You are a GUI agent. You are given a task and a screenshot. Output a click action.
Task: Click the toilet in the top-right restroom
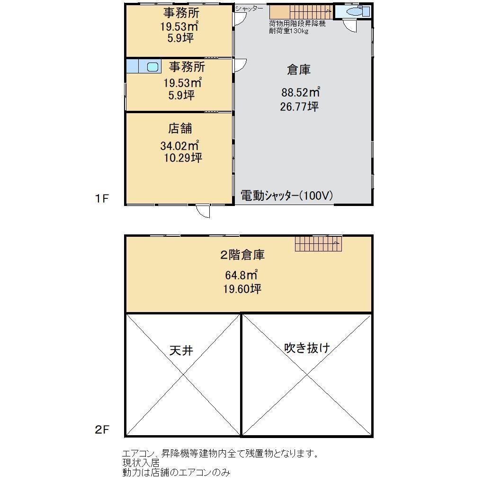pyautogui.click(x=355, y=12)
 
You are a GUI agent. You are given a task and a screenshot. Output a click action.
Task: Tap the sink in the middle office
pyautogui.click(x=152, y=67)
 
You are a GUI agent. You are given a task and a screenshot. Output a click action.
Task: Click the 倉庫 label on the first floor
pyautogui.click(x=298, y=70)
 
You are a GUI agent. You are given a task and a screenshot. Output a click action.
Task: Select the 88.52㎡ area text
pyautogui.click(x=300, y=92)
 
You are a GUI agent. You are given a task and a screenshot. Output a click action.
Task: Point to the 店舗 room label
pyautogui.click(x=180, y=128)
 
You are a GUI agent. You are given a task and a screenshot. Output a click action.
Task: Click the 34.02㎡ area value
pyautogui.click(x=179, y=145)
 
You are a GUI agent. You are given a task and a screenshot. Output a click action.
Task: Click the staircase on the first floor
pyautogui.click(x=301, y=11)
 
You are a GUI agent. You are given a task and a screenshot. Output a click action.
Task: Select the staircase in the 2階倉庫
pyautogui.click(x=318, y=244)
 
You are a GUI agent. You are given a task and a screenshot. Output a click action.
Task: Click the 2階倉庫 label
pyautogui.click(x=242, y=255)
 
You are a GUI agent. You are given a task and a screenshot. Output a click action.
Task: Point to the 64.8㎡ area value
pyautogui.click(x=241, y=274)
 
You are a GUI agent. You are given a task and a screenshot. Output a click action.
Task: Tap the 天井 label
pyautogui.click(x=181, y=351)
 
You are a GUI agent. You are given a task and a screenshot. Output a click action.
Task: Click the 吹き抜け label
pyautogui.click(x=306, y=348)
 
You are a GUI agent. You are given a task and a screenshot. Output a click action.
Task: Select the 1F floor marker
pyautogui.click(x=102, y=198)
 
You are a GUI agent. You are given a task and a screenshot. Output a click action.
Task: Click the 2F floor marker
pyautogui.click(x=102, y=430)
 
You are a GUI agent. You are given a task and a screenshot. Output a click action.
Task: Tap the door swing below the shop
pyautogui.click(x=204, y=212)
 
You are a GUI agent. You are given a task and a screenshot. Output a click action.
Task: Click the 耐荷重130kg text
pyautogui.click(x=288, y=31)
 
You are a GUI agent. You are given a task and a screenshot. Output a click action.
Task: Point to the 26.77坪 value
pyautogui.click(x=299, y=107)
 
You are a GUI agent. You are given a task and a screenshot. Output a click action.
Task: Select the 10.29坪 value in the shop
pyautogui.click(x=183, y=158)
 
